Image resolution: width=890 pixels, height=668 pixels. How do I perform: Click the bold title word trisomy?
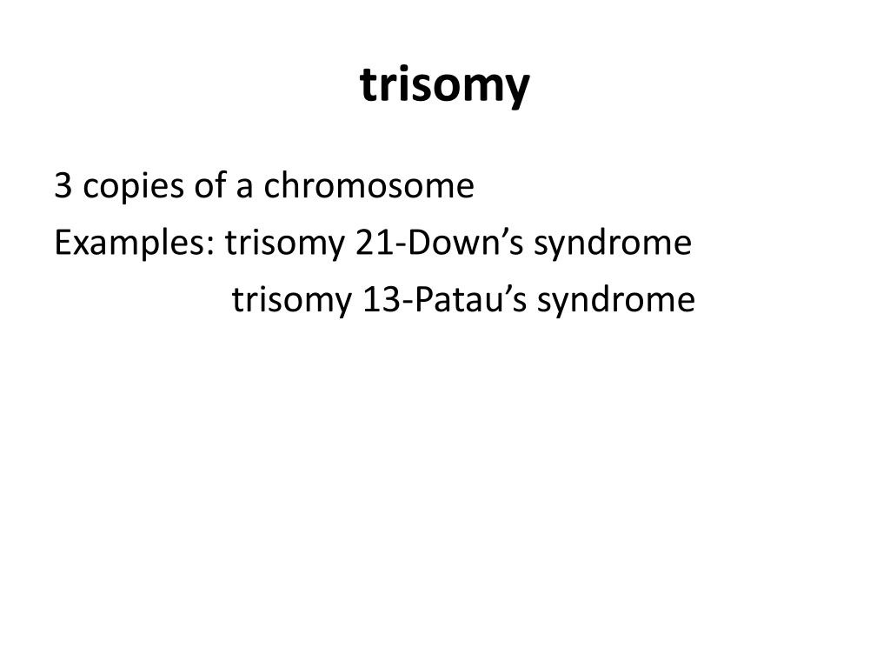pos(444,86)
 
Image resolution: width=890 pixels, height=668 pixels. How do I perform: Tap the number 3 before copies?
pos(62,186)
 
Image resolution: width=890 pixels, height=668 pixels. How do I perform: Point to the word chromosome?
pos(369,186)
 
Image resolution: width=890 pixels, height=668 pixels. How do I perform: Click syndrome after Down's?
pos(613,244)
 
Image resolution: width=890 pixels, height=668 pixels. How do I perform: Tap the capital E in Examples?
pos(62,244)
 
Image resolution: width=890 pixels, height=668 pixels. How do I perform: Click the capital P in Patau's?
pos(423,300)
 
